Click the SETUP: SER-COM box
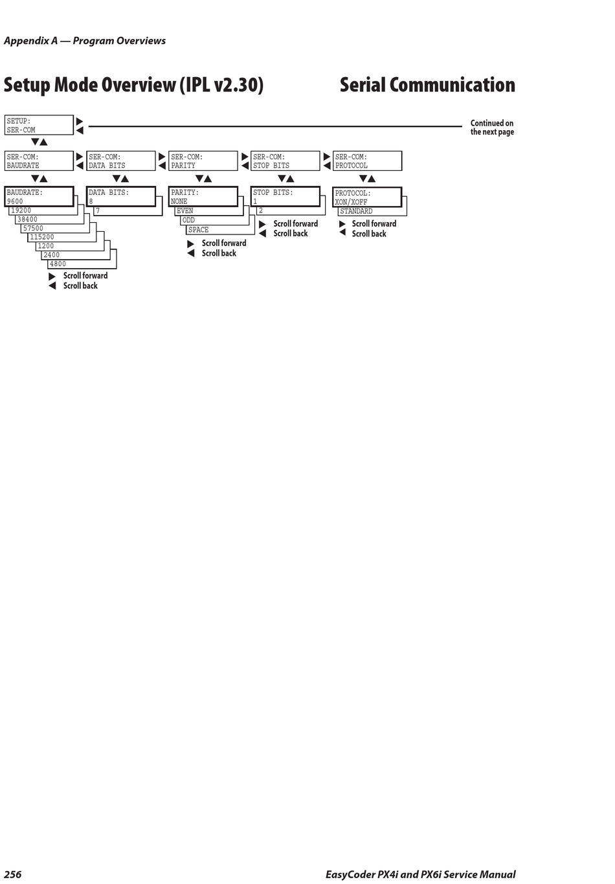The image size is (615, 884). (x=39, y=125)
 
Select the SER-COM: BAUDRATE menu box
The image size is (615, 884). (x=39, y=161)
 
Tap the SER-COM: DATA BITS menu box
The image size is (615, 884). (x=121, y=161)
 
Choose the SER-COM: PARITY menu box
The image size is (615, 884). (x=203, y=161)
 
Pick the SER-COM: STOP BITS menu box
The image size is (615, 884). (x=285, y=161)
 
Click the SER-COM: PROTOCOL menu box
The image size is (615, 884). (x=367, y=161)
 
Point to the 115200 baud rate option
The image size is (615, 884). (x=43, y=237)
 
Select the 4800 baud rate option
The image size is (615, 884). (x=58, y=264)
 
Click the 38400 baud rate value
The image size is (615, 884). (x=28, y=220)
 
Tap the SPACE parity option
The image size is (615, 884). (x=199, y=230)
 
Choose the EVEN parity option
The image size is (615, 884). (x=185, y=211)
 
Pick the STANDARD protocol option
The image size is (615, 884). (x=357, y=211)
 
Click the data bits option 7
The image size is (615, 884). (x=98, y=211)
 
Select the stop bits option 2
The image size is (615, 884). (x=261, y=211)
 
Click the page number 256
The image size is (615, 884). (x=13, y=874)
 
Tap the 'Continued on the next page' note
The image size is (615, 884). (x=492, y=128)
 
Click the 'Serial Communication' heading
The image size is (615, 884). (x=427, y=85)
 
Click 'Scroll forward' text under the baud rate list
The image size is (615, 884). (x=85, y=276)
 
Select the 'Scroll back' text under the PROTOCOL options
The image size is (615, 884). (x=369, y=234)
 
